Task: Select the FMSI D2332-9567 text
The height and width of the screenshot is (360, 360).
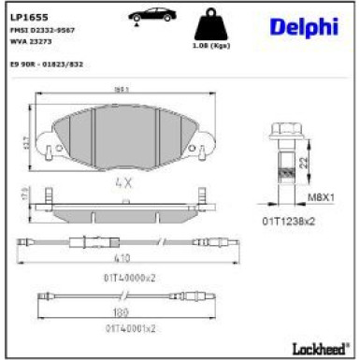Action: click(x=43, y=30)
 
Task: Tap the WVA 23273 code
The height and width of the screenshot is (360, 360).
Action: click(x=32, y=41)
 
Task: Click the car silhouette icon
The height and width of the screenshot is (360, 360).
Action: click(x=150, y=16)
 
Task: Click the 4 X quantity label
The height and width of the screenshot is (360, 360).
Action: click(x=123, y=183)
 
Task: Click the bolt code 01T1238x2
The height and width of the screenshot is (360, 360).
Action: click(x=290, y=221)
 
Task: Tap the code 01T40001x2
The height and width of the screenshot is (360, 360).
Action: click(x=129, y=329)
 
